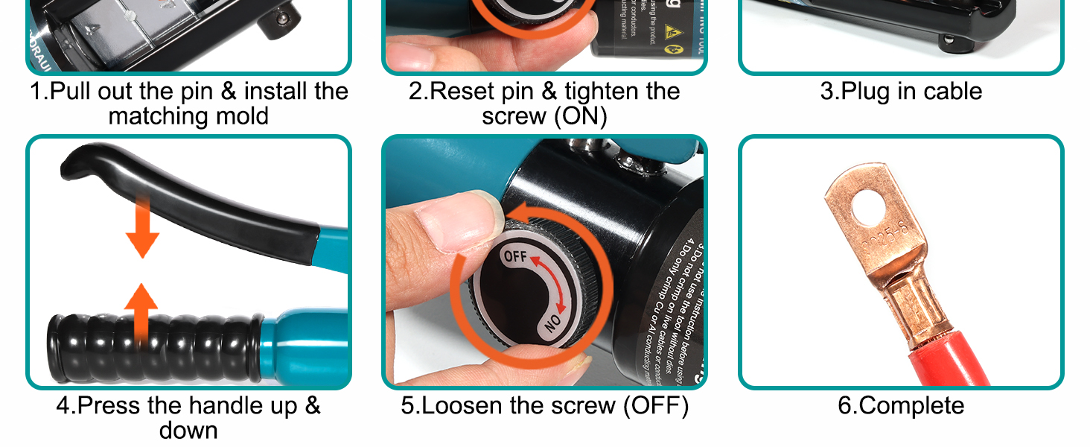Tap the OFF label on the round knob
(515, 256)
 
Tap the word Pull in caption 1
(74, 92)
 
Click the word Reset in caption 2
(462, 92)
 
